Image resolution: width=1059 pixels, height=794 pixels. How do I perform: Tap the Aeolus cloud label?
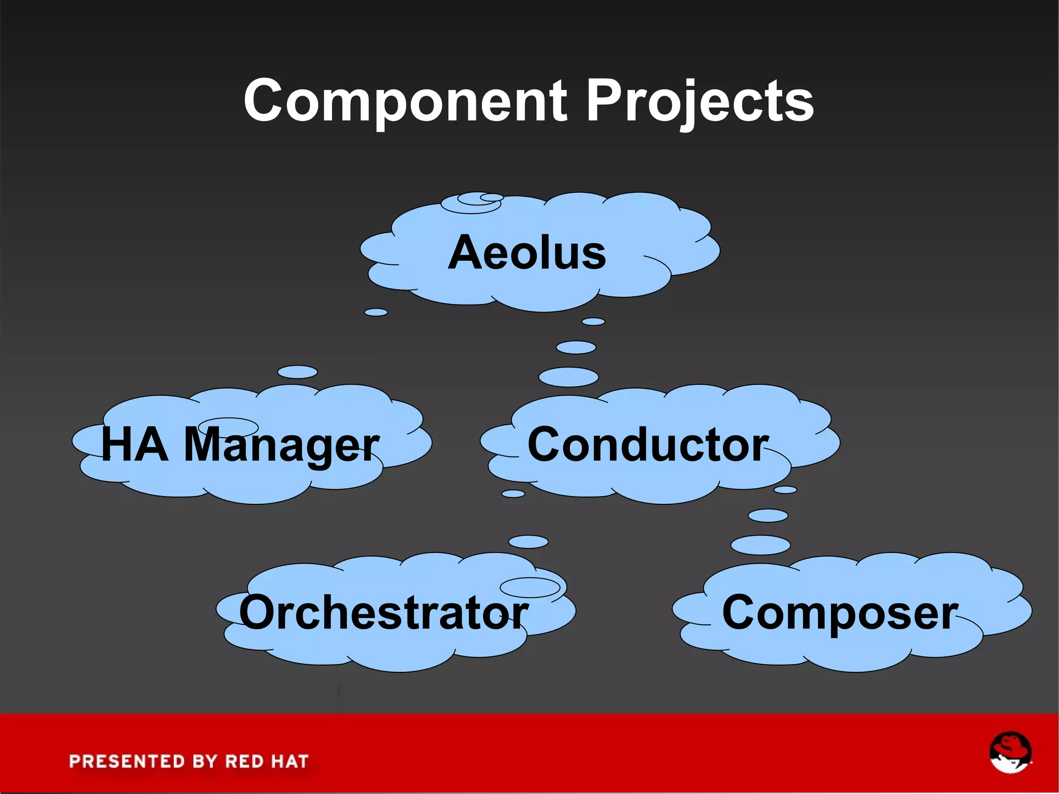click(x=527, y=252)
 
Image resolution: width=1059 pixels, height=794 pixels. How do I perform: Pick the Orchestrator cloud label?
click(x=383, y=612)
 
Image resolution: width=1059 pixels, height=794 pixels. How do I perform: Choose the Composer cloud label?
click(x=840, y=612)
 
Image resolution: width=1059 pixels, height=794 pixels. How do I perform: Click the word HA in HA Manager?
click(x=134, y=444)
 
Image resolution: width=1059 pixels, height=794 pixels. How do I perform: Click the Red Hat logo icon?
click(x=1010, y=752)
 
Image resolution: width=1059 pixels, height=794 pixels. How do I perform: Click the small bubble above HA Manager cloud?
click(x=297, y=372)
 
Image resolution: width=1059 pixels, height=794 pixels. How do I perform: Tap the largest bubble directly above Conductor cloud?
click(x=568, y=377)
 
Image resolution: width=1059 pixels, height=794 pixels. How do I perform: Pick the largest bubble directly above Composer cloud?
click(x=761, y=545)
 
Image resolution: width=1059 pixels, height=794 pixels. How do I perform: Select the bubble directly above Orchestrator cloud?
click(x=528, y=542)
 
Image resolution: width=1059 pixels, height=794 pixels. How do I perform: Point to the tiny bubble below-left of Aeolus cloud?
click(x=376, y=312)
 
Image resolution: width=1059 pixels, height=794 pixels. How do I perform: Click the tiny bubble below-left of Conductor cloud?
click(x=513, y=493)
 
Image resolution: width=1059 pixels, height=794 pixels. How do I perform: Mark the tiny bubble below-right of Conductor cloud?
click(x=785, y=489)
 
